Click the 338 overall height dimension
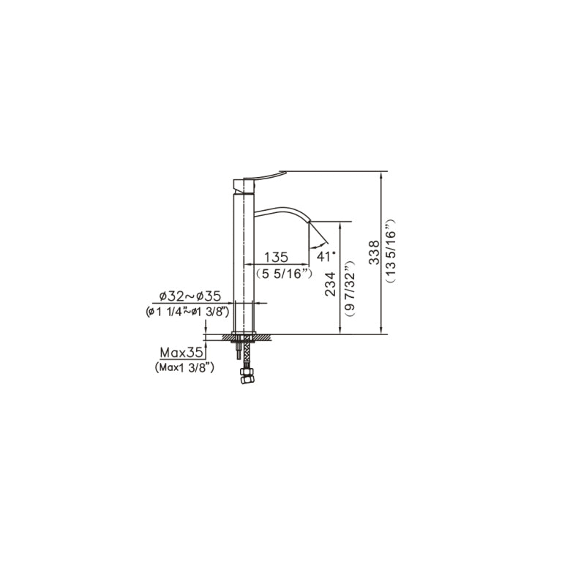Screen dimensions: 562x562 [374, 252]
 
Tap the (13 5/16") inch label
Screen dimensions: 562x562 [390, 251]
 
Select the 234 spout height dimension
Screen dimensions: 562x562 [330, 284]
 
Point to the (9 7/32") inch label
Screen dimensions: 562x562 [349, 288]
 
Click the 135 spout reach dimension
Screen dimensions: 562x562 [276, 257]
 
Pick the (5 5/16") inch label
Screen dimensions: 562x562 [284, 274]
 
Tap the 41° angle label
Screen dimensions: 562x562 [326, 256]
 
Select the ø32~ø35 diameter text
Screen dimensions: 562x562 [190, 296]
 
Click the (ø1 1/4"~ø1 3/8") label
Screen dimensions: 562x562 [187, 312]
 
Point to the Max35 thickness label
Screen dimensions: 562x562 [181, 353]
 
